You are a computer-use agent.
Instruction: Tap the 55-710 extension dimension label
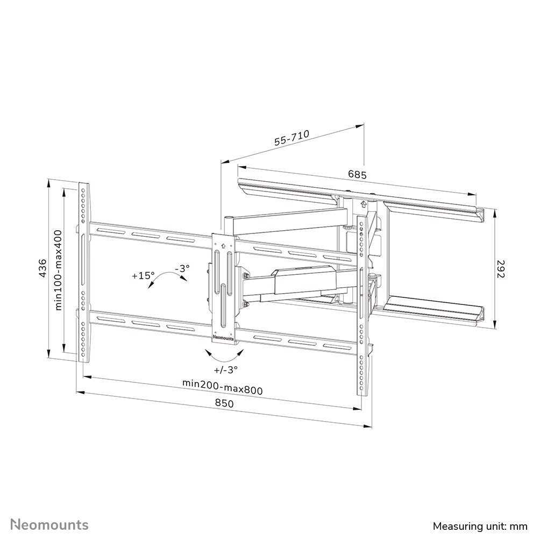[292, 139]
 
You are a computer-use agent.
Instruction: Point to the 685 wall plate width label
[357, 175]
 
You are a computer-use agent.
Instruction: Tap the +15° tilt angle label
[143, 275]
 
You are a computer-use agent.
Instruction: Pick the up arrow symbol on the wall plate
[364, 204]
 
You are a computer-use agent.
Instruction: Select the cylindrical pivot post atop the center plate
[229, 225]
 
